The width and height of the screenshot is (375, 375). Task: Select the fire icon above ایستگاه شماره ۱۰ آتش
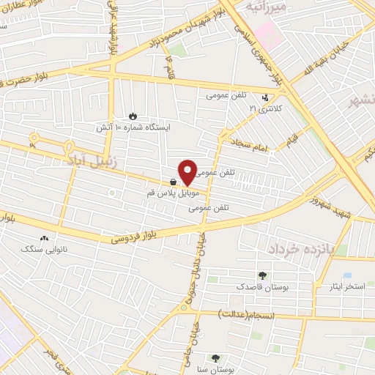click(x=133, y=116)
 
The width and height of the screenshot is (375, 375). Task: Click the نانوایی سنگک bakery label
click(x=45, y=249)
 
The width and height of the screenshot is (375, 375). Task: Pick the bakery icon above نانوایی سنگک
click(x=45, y=238)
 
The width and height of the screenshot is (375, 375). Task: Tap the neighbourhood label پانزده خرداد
click(x=300, y=249)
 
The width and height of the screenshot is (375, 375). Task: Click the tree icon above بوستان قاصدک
click(x=262, y=275)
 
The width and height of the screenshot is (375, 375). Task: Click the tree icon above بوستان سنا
click(x=215, y=359)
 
